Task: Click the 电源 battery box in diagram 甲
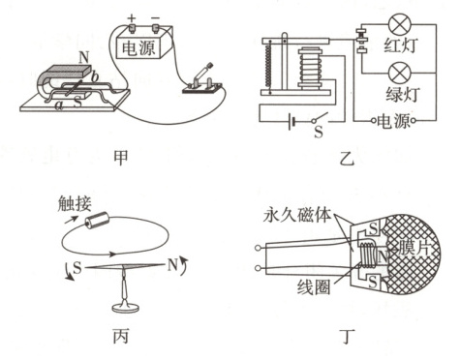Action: tap(141, 45)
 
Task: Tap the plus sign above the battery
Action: tap(132, 18)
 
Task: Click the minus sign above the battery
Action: tap(156, 17)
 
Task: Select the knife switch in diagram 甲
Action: tap(202, 81)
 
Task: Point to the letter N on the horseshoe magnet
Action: tap(84, 58)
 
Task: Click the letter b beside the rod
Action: tap(95, 76)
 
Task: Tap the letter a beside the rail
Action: tap(59, 105)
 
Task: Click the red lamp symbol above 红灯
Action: tap(400, 24)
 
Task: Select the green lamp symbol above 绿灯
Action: tap(400, 74)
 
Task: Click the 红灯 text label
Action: tap(401, 45)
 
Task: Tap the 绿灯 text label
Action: tap(403, 95)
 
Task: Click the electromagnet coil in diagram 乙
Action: tap(310, 69)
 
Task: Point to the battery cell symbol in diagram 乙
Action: tap(291, 121)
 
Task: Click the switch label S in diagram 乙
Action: tap(319, 132)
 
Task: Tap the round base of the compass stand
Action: tap(125, 307)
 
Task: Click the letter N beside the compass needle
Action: tap(173, 265)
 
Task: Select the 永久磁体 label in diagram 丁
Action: tap(297, 215)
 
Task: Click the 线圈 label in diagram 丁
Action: tap(314, 286)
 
